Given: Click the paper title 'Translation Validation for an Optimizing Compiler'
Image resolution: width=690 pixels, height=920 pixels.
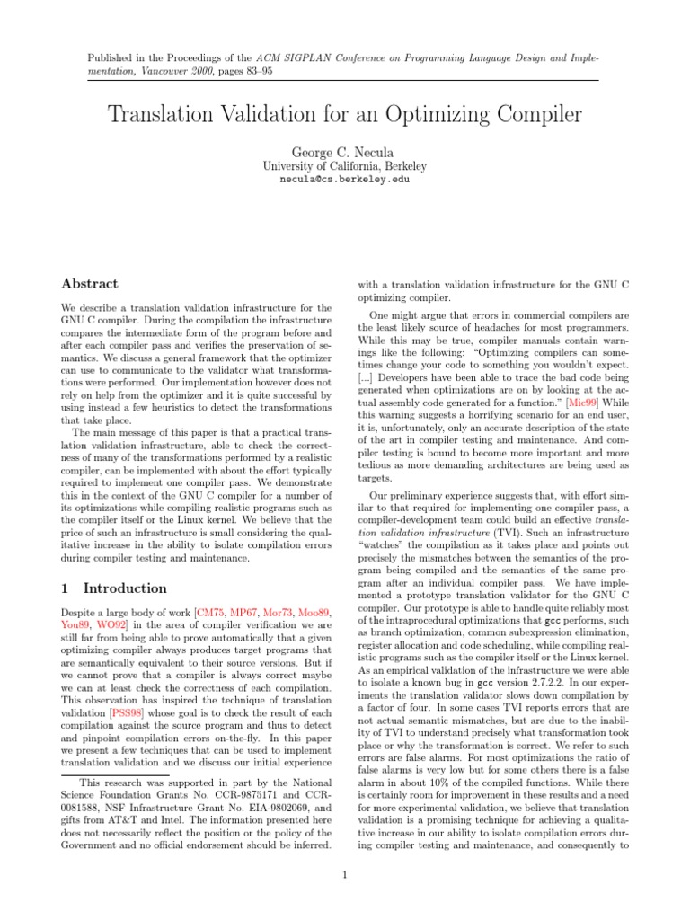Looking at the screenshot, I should (x=345, y=115).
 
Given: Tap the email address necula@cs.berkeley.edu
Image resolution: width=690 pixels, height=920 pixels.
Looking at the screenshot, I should (x=345, y=179).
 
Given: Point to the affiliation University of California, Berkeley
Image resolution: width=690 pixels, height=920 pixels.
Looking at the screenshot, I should (x=345, y=165).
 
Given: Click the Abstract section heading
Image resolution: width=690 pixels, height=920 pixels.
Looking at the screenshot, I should (x=89, y=284).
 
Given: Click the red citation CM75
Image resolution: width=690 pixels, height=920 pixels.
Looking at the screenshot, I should (x=214, y=612).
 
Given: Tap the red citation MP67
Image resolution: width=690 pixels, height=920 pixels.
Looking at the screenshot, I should (x=249, y=612).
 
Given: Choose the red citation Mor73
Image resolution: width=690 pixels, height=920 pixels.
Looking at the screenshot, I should (x=284, y=612).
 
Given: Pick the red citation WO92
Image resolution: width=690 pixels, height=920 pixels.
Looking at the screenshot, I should (x=112, y=624).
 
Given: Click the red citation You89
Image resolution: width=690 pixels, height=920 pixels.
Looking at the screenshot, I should (x=75, y=624).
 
